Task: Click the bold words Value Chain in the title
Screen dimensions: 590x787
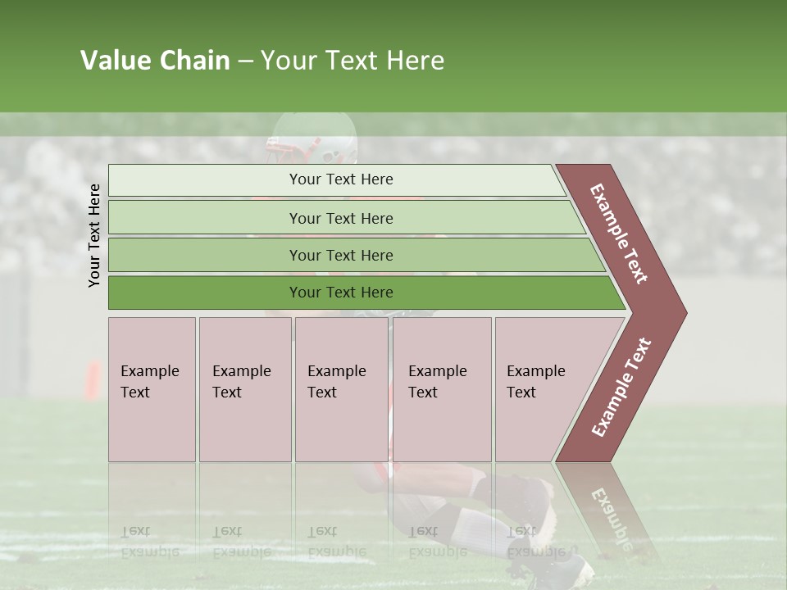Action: pyautogui.click(x=155, y=61)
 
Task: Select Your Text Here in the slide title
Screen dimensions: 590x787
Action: pyautogui.click(x=353, y=61)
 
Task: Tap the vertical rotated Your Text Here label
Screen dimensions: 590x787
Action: pyautogui.click(x=94, y=235)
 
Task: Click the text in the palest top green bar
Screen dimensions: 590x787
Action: pyautogui.click(x=341, y=179)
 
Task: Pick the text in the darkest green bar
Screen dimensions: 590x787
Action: pyautogui.click(x=341, y=293)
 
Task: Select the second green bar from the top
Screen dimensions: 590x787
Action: pyautogui.click(x=341, y=218)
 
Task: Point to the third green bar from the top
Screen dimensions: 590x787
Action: pyautogui.click(x=341, y=256)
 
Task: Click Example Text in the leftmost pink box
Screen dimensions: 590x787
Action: pyautogui.click(x=149, y=382)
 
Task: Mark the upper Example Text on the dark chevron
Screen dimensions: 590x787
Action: pyautogui.click(x=619, y=233)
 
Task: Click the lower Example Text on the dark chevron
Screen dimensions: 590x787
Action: pyautogui.click(x=621, y=388)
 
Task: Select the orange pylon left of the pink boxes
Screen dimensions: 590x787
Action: pyautogui.click(x=93, y=381)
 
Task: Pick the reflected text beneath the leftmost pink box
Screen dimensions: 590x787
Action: pyautogui.click(x=149, y=542)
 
